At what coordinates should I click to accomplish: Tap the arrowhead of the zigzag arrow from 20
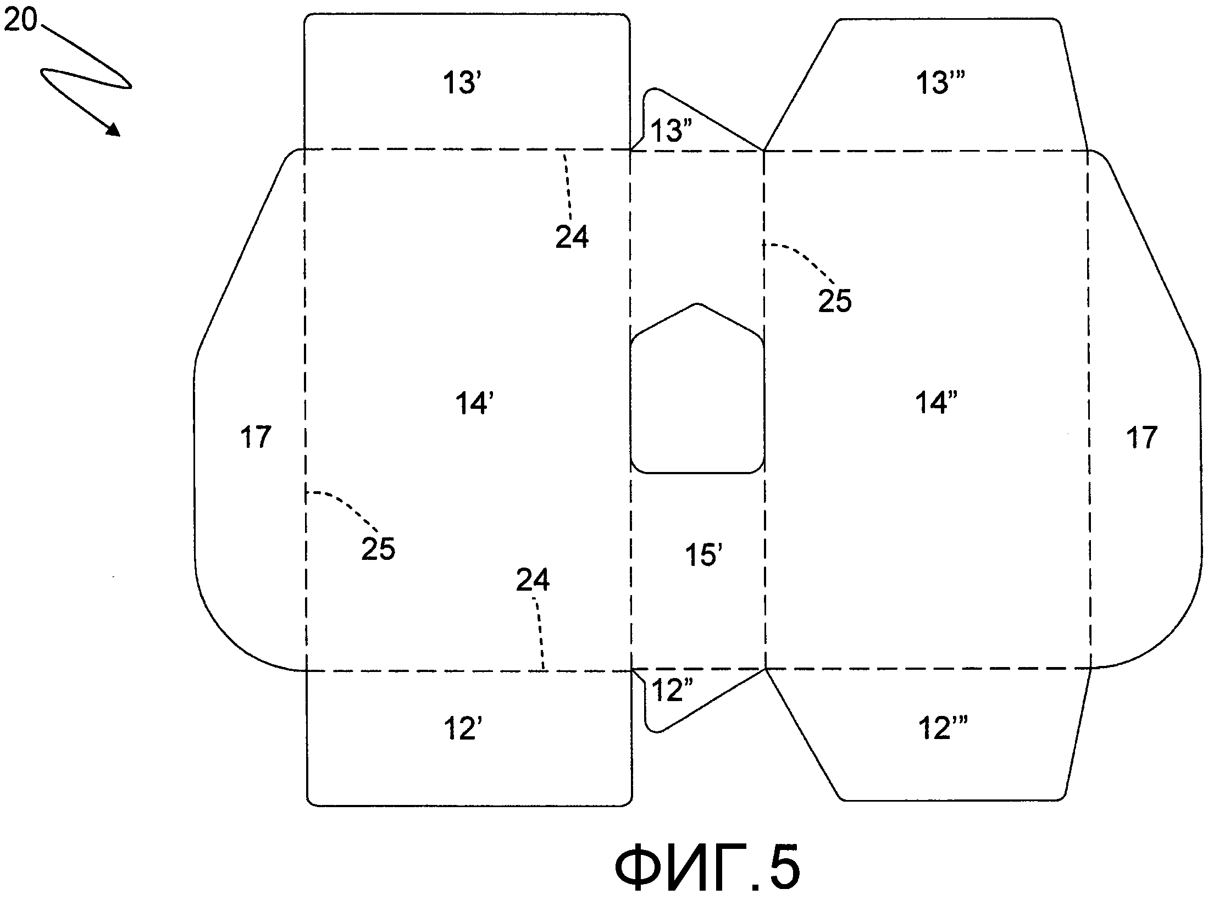click(114, 130)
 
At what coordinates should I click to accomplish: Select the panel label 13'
click(462, 84)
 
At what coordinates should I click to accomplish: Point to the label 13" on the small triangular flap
click(671, 131)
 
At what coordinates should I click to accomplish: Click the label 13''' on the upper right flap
click(940, 84)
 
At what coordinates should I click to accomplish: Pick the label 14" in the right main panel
click(937, 403)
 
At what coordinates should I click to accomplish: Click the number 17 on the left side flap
click(256, 437)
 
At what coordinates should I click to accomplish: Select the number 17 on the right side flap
click(1141, 437)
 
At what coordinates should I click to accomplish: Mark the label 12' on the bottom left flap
click(462, 729)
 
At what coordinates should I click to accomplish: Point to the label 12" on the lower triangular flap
click(671, 690)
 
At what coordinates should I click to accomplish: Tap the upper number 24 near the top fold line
click(572, 237)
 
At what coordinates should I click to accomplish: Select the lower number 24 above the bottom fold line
click(533, 580)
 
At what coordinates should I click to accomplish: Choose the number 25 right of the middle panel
click(834, 301)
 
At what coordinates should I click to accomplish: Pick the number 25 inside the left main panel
click(378, 548)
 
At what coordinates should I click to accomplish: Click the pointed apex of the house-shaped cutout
click(697, 304)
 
